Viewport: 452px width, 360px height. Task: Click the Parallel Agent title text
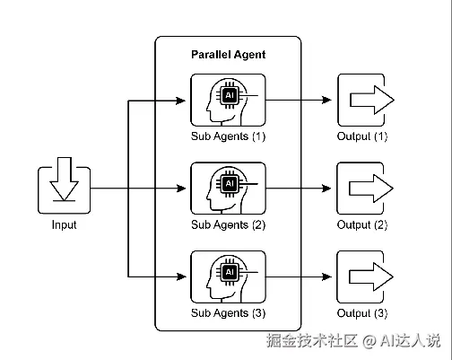click(x=228, y=55)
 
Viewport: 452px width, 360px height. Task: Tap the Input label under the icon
click(x=64, y=225)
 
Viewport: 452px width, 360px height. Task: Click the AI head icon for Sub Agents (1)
click(x=228, y=100)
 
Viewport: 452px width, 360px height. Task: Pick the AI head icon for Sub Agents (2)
click(x=228, y=188)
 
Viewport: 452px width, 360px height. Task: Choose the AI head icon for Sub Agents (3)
click(x=228, y=277)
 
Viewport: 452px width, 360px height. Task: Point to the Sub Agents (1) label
click(x=228, y=136)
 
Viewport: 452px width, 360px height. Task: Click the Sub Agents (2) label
click(x=228, y=224)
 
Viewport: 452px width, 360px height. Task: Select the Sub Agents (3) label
click(x=228, y=313)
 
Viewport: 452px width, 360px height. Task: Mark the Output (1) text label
click(x=362, y=136)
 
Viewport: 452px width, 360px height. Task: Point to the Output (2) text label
click(x=362, y=224)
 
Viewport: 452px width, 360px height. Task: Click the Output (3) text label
click(x=362, y=313)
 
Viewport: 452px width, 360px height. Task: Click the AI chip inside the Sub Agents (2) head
click(x=229, y=182)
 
